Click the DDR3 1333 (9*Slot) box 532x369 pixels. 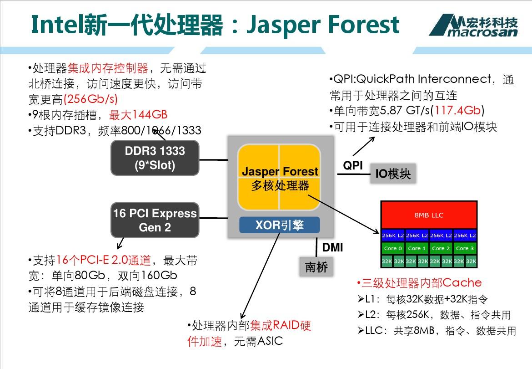coord(155,158)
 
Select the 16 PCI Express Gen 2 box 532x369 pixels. coord(155,220)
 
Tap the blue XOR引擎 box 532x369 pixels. coord(280,225)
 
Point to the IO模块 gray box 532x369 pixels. coord(393,174)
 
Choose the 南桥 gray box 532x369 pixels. coord(316,266)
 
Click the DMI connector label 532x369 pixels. coord(332,248)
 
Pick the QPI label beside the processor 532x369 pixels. coord(353,165)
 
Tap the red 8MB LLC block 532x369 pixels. coord(428,215)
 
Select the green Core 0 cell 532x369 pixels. coord(393,248)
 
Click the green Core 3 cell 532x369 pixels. coord(465,248)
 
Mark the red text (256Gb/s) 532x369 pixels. coord(91,99)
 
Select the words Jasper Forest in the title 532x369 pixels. coord(323,25)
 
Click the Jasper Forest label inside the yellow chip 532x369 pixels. coord(280,172)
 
